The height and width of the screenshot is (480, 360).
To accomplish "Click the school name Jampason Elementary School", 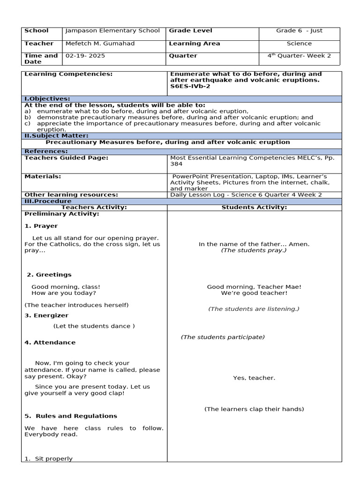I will click(112, 31).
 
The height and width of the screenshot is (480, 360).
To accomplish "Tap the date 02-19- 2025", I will click(85, 56).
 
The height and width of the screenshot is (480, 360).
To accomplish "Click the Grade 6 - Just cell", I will click(299, 31).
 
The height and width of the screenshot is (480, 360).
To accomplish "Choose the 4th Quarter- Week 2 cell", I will click(299, 56).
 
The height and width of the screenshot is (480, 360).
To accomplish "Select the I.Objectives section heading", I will click(47, 99).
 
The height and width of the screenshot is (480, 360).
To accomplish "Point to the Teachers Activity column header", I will click(94, 207).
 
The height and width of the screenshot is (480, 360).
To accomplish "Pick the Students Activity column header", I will click(254, 207).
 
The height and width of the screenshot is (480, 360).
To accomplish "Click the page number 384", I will click(176, 165).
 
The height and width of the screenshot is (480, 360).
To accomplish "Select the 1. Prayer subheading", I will click(41, 226).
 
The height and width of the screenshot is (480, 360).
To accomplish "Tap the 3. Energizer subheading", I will click(46, 315).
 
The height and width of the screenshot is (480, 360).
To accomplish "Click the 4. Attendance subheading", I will click(50, 342).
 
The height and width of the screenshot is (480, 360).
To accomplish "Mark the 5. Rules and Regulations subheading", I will click(71, 416).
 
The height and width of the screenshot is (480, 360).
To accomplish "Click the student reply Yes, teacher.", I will click(254, 378).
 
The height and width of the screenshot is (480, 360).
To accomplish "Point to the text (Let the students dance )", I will click(94, 326).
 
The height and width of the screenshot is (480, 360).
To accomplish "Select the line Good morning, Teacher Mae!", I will click(254, 287).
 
